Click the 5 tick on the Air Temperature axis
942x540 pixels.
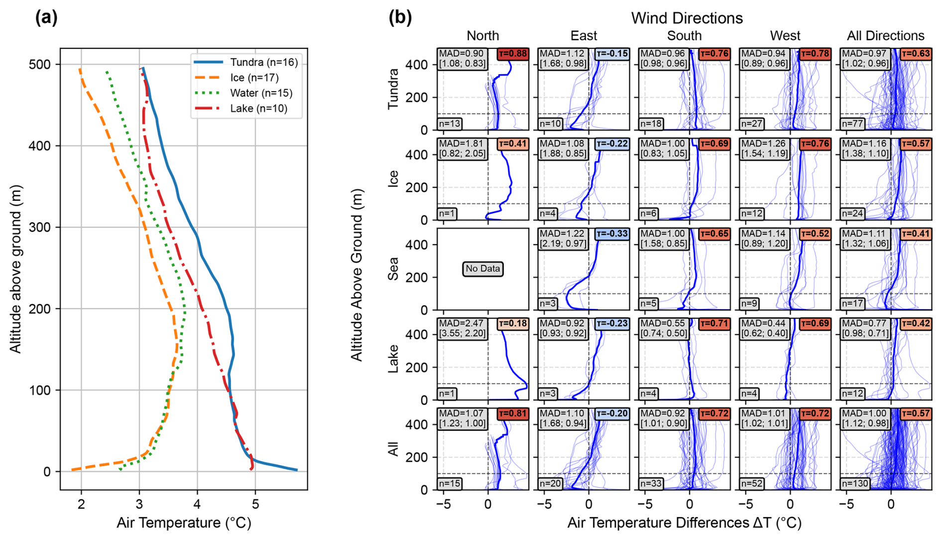tap(255, 504)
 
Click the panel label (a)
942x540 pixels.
tap(46, 17)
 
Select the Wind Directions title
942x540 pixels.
tap(687, 18)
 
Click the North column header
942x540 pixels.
tap(482, 36)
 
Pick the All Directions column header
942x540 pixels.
tap(885, 36)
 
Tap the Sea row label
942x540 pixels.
tap(393, 269)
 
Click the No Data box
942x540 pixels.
tap(482, 269)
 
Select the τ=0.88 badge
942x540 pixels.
tap(512, 54)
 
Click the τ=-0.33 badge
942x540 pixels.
tap(612, 234)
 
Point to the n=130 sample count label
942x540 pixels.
tap(855, 483)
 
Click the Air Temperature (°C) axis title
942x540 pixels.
tap(184, 523)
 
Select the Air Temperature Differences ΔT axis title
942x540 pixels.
tap(684, 523)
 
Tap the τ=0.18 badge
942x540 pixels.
tap(512, 324)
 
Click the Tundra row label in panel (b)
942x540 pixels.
tap(393, 89)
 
